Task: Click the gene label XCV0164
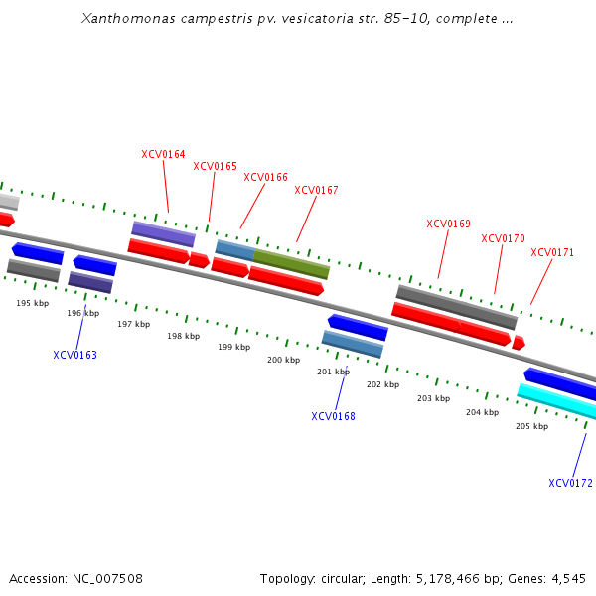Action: [163, 154]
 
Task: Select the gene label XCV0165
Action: [215, 166]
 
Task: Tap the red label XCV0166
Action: [265, 177]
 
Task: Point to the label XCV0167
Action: [316, 190]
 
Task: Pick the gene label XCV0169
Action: [448, 223]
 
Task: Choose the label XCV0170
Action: [503, 238]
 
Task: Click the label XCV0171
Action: [552, 252]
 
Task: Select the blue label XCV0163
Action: [74, 355]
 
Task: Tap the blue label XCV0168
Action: [333, 416]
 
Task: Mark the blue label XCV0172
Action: [570, 483]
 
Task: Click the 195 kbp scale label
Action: [32, 303]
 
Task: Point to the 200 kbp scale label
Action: [283, 360]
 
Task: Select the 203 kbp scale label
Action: [433, 398]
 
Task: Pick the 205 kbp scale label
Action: [531, 426]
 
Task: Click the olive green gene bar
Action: [291, 264]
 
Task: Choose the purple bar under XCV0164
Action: [163, 233]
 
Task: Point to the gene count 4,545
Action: [568, 578]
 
